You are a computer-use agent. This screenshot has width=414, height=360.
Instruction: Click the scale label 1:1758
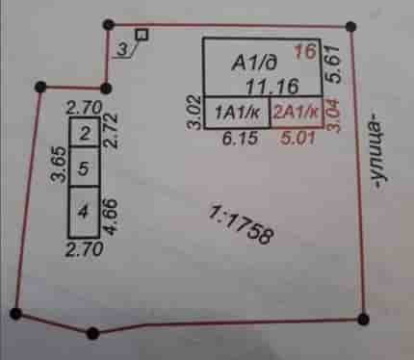pos(242,225)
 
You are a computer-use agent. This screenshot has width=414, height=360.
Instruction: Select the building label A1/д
pos(254,63)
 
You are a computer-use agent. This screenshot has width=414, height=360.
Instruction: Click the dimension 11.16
pos(272,87)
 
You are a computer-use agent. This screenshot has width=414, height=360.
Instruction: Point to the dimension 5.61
pos(333,64)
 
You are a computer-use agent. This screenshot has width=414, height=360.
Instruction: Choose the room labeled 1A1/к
pos(237,113)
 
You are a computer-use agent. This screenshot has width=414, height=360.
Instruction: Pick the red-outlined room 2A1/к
pos(297,113)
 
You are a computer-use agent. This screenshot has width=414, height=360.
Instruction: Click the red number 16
pos(305,52)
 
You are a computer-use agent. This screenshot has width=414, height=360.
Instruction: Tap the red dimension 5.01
pos(298,139)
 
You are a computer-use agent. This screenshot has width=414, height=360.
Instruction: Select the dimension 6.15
pos(241,139)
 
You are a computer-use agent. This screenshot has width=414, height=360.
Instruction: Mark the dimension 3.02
pos(194,112)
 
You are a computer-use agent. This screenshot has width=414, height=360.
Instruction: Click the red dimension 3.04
pos(332,115)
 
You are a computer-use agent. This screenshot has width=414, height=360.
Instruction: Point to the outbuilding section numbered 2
pos(85,133)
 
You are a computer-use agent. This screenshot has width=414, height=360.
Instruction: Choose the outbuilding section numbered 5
pos(84,167)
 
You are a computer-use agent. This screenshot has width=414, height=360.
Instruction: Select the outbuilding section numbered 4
pos(84,212)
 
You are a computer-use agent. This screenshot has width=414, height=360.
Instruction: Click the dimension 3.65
pos(59,165)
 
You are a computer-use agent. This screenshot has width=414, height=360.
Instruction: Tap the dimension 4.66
pos(110,217)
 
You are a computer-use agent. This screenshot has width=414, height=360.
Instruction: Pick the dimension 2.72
pos(111,131)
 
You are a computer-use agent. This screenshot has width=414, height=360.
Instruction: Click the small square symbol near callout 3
pos(142,35)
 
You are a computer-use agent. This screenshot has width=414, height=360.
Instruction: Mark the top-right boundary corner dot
pos(350,27)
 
